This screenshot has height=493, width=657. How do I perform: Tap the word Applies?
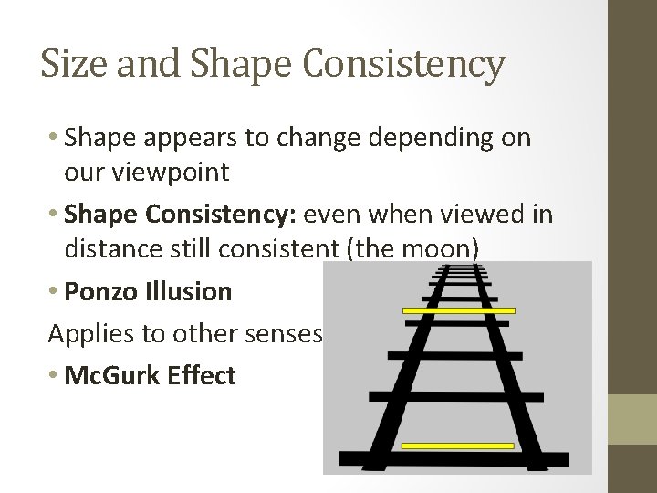tap(87, 334)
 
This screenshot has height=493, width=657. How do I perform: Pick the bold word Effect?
tap(203, 376)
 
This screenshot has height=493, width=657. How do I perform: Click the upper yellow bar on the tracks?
tap(459, 311)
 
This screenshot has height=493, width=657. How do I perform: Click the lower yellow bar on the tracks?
tap(457, 446)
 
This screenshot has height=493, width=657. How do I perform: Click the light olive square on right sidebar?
tap(632, 419)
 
